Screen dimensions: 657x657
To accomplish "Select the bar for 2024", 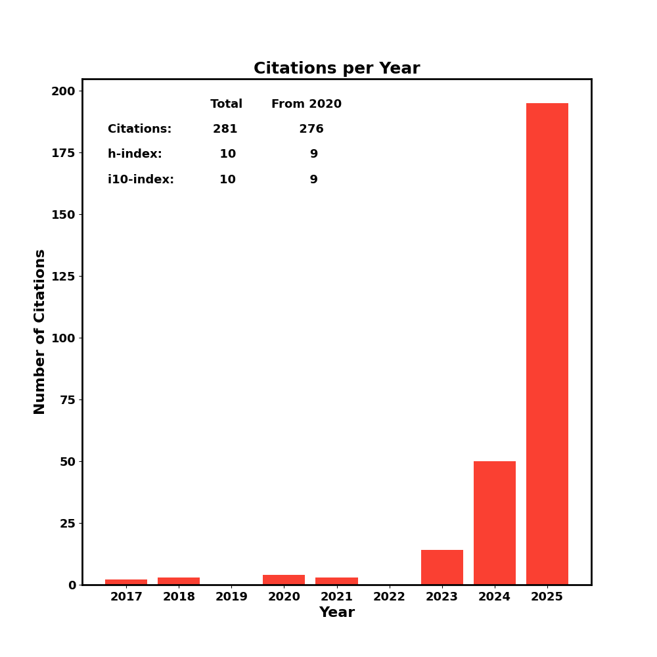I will pyautogui.click(x=494, y=523).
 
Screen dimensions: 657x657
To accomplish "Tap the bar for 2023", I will pyautogui.click(x=442, y=568).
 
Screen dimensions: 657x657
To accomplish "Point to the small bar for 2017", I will pyautogui.click(x=126, y=582).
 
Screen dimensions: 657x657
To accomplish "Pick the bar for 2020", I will pyautogui.click(x=284, y=580).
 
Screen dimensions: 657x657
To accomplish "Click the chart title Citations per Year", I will pyautogui.click(x=336, y=69).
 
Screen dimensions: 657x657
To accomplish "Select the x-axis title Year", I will pyautogui.click(x=336, y=612).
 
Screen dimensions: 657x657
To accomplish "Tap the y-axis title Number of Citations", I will pyautogui.click(x=40, y=332).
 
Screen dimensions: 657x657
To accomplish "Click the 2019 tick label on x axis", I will pyautogui.click(x=231, y=597).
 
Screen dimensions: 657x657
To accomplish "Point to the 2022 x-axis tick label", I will pyautogui.click(x=389, y=597).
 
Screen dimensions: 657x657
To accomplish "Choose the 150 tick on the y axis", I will pyautogui.click(x=64, y=215).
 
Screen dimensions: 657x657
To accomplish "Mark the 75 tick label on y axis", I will pyautogui.click(x=68, y=400).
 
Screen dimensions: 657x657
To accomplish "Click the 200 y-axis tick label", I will pyautogui.click(x=64, y=91).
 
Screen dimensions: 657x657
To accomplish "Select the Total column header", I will pyautogui.click(x=226, y=104).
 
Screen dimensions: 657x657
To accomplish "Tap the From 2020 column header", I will pyautogui.click(x=306, y=104).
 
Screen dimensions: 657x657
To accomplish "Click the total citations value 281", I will pyautogui.click(x=225, y=129).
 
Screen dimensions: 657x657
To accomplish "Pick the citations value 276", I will pyautogui.click(x=311, y=129).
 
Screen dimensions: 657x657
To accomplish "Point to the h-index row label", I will pyautogui.click(x=135, y=154).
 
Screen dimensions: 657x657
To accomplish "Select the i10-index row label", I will pyautogui.click(x=141, y=180).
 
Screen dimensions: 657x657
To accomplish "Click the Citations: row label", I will pyautogui.click(x=139, y=129).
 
